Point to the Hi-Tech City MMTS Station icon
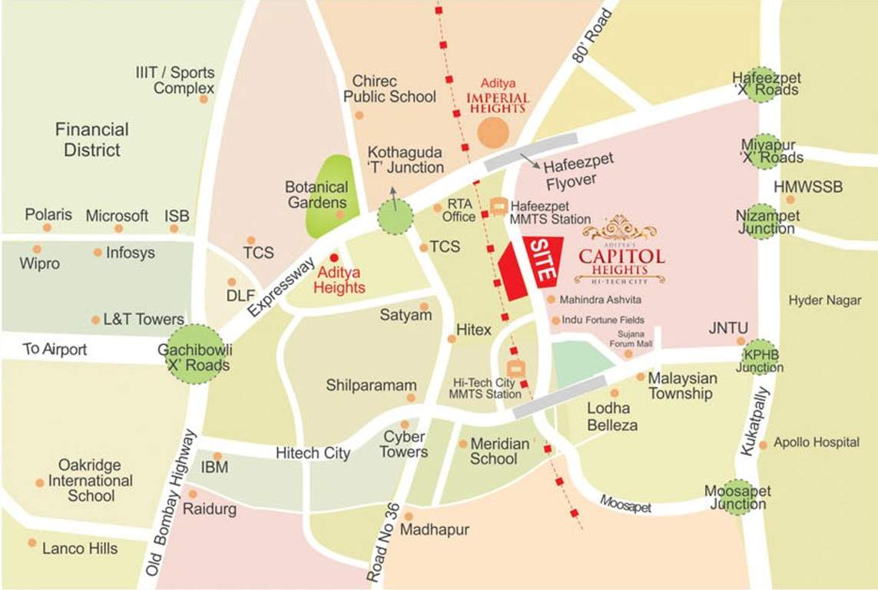[515, 369]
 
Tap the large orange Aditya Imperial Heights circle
[492, 131]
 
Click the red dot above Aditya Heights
[333, 257]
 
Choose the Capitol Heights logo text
[621, 257]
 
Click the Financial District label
[92, 139]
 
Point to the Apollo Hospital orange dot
[763, 445]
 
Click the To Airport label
[55, 350]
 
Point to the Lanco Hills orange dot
[32, 542]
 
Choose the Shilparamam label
[371, 385]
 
